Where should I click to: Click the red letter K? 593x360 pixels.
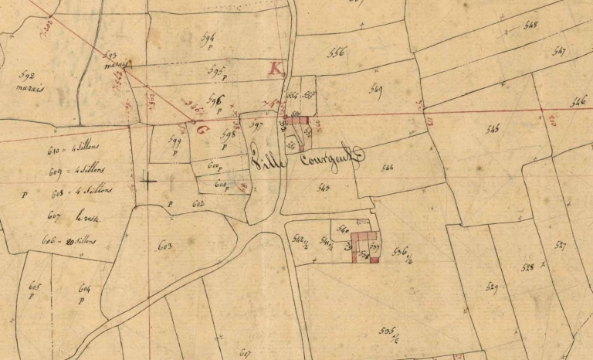(274, 68)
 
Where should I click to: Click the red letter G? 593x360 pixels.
(202, 130)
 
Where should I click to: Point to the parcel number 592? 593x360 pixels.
(27, 76)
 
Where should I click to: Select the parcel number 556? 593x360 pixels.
(337, 53)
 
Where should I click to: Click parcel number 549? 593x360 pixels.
(377, 87)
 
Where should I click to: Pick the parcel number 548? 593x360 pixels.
(530, 25)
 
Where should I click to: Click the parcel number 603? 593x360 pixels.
(164, 246)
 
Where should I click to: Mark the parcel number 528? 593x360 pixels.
(528, 267)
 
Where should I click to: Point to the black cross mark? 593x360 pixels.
(147, 182)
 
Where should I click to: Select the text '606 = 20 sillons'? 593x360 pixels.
(69, 239)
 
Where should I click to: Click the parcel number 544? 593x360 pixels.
(387, 166)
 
